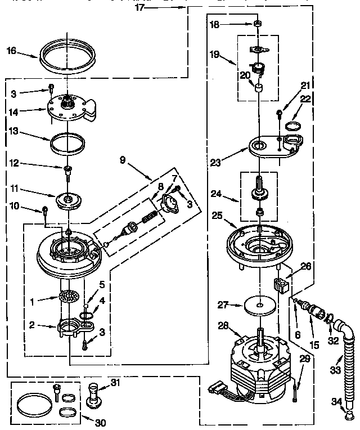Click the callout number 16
point(11,51)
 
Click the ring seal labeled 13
point(69,141)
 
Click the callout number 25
point(218,215)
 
